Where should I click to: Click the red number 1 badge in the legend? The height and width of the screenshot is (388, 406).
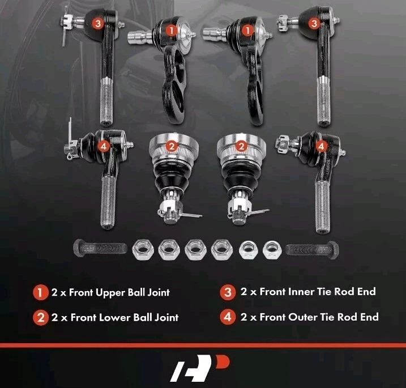pyautogui.click(x=40, y=293)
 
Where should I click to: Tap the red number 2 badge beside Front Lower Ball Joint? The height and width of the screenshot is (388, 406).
pyautogui.click(x=40, y=317)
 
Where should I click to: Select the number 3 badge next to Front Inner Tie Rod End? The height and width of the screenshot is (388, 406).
pyautogui.click(x=228, y=293)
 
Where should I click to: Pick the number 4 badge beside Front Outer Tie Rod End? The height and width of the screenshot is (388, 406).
pyautogui.click(x=228, y=317)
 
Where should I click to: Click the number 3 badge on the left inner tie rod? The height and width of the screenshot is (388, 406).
pyautogui.click(x=98, y=23)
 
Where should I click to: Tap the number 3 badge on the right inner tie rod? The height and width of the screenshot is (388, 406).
pyautogui.click(x=314, y=23)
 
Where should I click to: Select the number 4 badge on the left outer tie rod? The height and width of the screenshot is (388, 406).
pyautogui.click(x=102, y=146)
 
